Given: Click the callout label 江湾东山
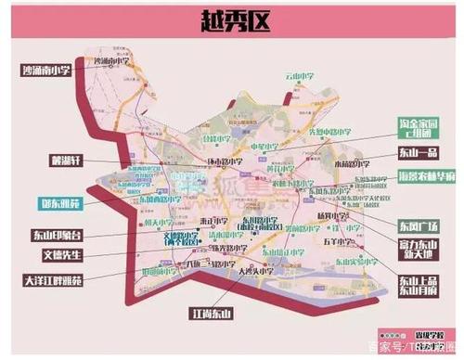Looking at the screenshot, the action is pyautogui.click(x=208, y=311).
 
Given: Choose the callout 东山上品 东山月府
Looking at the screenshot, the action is pyautogui.click(x=417, y=284).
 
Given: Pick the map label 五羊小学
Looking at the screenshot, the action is pyautogui.click(x=336, y=243).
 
